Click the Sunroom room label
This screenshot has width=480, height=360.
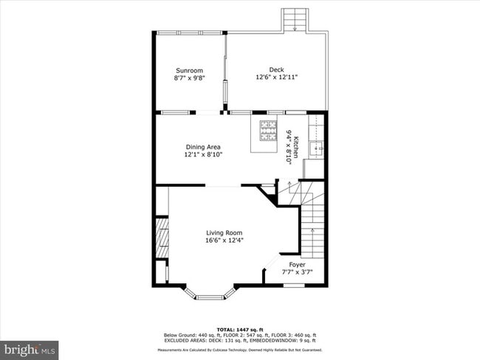pos(189,70)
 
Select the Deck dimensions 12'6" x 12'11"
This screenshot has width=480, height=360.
pos(276,77)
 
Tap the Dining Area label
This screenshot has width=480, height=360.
pos(203,147)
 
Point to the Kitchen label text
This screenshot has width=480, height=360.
pos(295,148)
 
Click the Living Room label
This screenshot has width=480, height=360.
pos(224,232)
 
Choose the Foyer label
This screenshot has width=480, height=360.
pos(297,264)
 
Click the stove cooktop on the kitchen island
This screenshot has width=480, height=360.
pos(265,131)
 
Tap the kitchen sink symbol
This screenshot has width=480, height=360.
pos(319,148)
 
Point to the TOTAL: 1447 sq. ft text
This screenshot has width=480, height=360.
pos(239,328)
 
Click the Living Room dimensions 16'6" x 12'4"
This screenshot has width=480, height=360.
pos(224,240)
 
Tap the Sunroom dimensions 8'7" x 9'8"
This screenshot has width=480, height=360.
pos(189,77)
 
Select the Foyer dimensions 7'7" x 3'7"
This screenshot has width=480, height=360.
pos(297,271)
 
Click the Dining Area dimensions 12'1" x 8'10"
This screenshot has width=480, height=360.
pos(203,154)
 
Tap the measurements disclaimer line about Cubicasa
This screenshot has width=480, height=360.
pos(239,350)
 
